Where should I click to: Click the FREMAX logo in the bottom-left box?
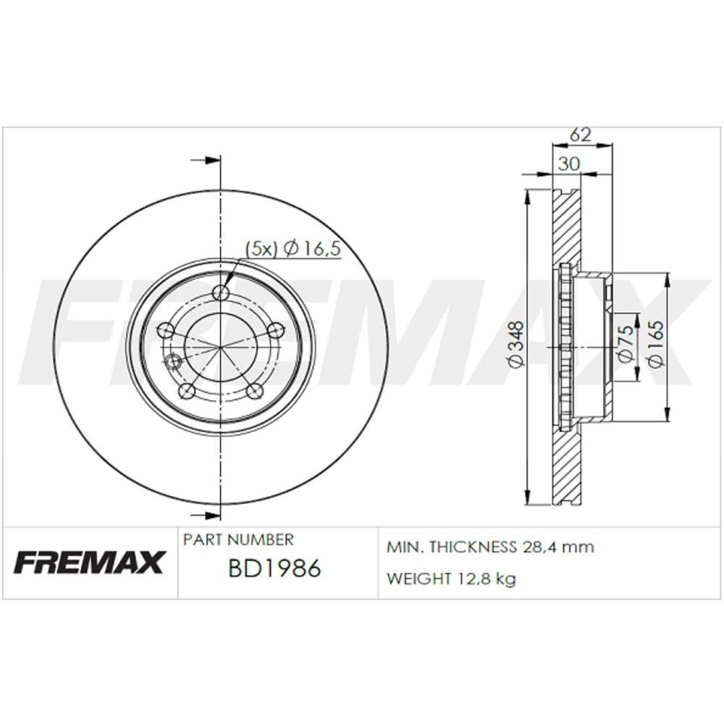tap(90, 562)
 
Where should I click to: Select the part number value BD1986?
tap(274, 569)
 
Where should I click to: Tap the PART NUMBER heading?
tap(238, 539)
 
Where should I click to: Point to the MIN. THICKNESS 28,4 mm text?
tap(490, 547)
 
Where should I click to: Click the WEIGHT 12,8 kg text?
tap(451, 578)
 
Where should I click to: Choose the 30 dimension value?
tap(570, 164)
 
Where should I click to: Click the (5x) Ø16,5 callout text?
tap(292, 249)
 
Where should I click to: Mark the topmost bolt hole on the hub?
tap(221, 292)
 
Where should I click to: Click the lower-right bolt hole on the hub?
tap(254, 391)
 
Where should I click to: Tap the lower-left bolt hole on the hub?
tap(187, 391)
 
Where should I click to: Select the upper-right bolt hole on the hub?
tap(275, 330)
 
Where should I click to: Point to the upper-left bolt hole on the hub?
tap(166, 330)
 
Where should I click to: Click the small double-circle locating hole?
tap(172, 361)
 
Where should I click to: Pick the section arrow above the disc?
tap(206, 160)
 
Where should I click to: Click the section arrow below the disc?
tap(206, 515)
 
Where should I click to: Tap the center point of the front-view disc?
tap(220, 347)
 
